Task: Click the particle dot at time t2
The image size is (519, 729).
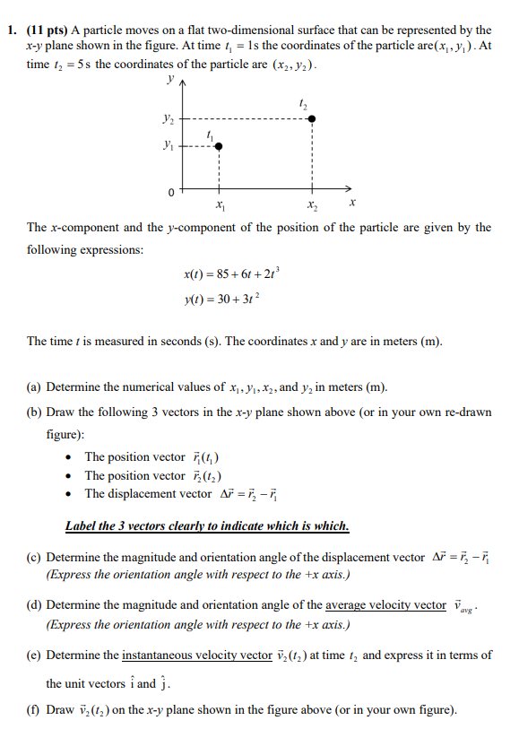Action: [311, 117]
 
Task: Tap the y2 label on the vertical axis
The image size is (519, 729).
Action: [169, 117]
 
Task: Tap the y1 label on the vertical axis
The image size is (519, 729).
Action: [169, 146]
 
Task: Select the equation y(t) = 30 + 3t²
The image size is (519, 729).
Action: [221, 299]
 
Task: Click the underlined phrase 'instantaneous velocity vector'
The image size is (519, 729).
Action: [195, 655]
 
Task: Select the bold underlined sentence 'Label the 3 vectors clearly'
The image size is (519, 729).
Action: [207, 525]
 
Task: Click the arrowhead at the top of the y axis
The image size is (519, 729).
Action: [186, 83]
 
